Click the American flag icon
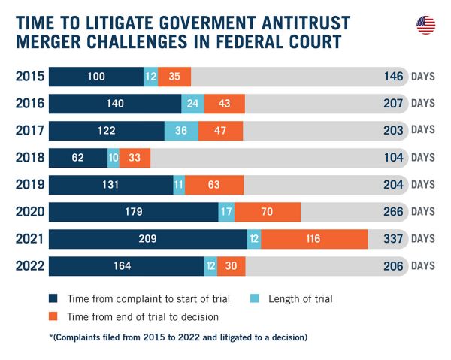(425, 25)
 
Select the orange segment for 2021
(314, 239)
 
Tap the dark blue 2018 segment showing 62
(78, 158)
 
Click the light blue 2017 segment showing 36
(181, 131)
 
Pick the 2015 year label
(30, 77)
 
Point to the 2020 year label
(30, 212)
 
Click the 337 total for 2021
(393, 239)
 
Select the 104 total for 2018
(394, 158)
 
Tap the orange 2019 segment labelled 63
(214, 185)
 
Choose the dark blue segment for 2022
(126, 266)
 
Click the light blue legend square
(254, 298)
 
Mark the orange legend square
(53, 316)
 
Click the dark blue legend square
(53, 298)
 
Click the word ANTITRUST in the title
(306, 23)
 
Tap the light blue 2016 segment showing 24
(192, 104)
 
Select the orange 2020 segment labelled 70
(268, 212)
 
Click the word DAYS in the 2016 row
(422, 104)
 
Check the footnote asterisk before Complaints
(51, 336)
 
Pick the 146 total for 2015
(394, 77)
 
